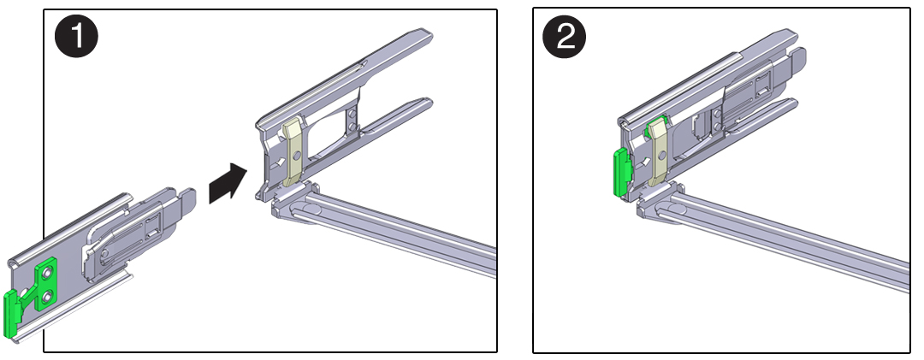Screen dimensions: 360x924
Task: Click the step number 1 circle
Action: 76,38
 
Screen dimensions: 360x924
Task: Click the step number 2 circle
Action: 566,38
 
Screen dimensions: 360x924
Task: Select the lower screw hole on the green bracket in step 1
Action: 47,297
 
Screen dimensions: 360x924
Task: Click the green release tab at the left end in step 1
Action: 12,313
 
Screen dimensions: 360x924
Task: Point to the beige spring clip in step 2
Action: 658,153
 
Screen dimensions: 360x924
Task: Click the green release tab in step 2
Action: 618,172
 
